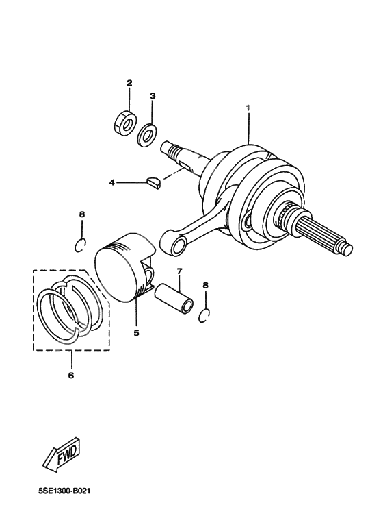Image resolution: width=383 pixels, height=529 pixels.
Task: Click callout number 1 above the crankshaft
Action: point(249,108)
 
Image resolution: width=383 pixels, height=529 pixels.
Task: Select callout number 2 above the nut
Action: point(129,84)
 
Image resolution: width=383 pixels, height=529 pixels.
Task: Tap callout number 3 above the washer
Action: point(153,96)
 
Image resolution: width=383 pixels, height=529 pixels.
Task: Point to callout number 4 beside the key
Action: point(111,183)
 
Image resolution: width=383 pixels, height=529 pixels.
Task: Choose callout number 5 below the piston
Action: point(136,333)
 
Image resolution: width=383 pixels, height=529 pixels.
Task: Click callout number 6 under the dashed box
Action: point(71,375)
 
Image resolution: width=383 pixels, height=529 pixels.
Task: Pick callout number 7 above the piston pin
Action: point(179,271)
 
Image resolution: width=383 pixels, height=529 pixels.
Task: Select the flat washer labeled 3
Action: point(146,135)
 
